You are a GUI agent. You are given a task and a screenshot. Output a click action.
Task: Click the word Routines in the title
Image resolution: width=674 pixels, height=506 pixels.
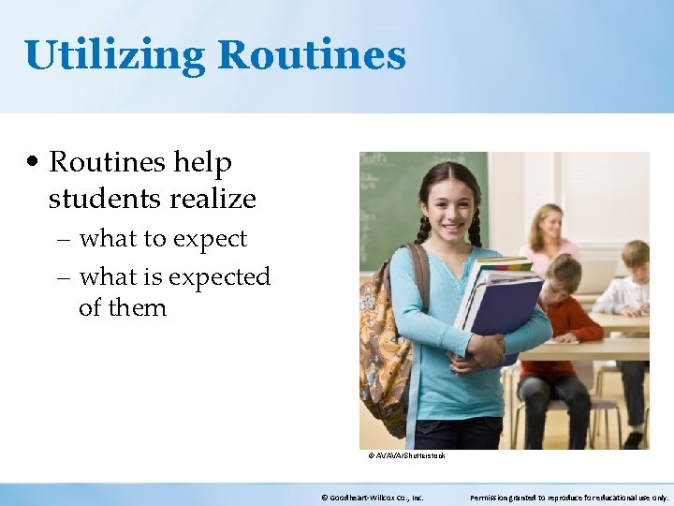(312, 54)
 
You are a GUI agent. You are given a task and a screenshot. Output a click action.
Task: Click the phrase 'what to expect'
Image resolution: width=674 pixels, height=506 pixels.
(163, 239)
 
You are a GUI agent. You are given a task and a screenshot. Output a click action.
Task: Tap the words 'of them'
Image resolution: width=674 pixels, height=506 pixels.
(122, 307)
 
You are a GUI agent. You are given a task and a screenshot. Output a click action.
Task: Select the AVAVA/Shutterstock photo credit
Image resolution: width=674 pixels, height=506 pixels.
(406, 455)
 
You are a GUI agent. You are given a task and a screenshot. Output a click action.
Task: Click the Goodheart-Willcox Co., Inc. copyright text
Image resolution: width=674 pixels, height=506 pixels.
(372, 498)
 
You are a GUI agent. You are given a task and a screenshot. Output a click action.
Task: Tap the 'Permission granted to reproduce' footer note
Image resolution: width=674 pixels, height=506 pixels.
(568, 498)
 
